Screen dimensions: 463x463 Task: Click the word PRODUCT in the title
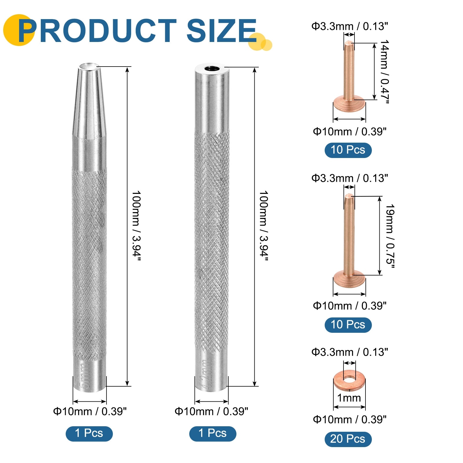tap(97, 30)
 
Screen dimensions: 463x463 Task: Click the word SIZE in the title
tap(222, 30)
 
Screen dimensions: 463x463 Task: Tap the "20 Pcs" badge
tap(348, 439)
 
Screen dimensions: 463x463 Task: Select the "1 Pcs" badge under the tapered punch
tap(89, 433)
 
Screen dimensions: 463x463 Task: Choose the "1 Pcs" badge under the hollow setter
tap(213, 433)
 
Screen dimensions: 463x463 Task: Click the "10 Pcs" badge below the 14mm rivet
tap(348, 150)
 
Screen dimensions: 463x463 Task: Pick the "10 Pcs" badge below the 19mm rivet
tap(348, 324)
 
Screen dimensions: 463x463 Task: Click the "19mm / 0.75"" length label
tap(390, 236)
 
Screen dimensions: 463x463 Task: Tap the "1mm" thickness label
tap(349, 398)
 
